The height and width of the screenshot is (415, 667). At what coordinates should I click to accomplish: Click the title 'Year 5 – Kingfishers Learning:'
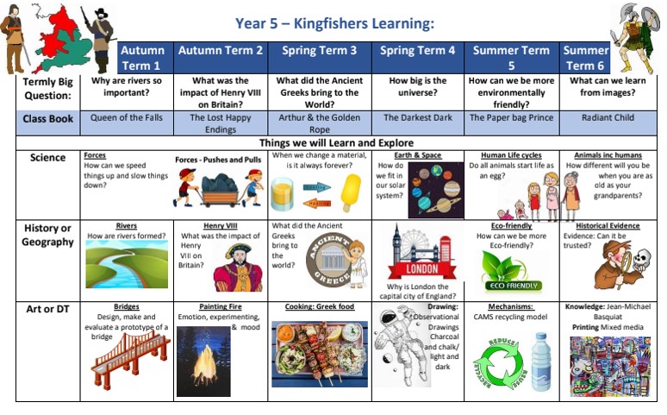(x=334, y=23)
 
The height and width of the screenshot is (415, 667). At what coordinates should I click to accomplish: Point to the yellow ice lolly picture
(x=351, y=192)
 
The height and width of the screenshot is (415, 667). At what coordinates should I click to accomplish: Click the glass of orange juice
(x=282, y=194)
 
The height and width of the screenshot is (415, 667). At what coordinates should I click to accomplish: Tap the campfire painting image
(x=203, y=362)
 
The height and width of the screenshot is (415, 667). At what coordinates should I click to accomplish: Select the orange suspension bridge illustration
(x=130, y=358)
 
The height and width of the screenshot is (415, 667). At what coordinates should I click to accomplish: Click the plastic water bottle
(x=540, y=362)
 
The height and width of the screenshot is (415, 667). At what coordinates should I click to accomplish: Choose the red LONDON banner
(x=421, y=269)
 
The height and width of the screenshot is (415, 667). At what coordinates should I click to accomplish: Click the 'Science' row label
(x=47, y=158)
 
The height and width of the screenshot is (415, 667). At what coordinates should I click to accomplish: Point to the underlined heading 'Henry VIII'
(x=221, y=226)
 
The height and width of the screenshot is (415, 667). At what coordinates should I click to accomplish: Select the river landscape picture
(x=127, y=264)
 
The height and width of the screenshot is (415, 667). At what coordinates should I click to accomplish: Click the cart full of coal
(x=220, y=190)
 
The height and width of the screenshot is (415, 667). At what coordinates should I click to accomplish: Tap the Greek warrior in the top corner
(x=633, y=37)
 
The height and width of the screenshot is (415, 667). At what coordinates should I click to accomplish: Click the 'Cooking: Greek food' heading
(x=320, y=307)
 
